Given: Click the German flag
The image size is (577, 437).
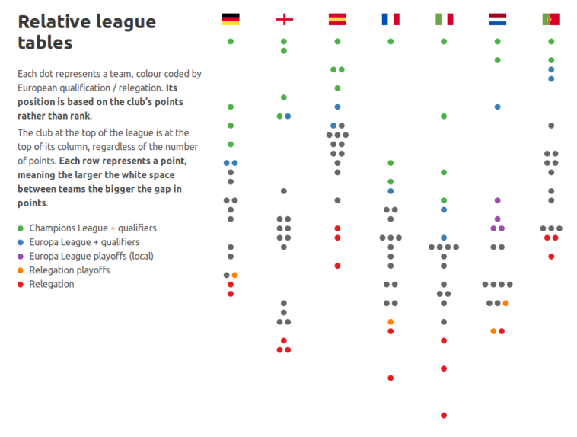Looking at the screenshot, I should click(x=231, y=19).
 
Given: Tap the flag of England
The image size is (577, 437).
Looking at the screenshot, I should click(x=284, y=19).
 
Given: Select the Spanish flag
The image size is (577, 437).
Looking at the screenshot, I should click(x=337, y=19).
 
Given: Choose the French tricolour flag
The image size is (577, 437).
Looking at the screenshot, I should click(x=391, y=19).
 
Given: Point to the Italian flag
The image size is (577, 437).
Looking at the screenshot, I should click(x=444, y=19).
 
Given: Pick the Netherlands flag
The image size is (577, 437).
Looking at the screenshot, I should click(x=497, y=19).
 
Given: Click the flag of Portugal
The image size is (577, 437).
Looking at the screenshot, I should click(x=551, y=19).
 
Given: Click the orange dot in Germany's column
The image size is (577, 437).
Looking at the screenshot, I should click(x=234, y=275).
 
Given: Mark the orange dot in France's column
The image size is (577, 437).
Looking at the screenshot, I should click(x=391, y=322).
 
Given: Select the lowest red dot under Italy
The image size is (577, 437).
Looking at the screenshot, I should click(x=444, y=415).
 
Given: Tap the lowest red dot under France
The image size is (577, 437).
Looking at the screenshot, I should click(x=391, y=378).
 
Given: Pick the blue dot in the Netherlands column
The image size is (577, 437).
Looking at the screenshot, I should click(x=497, y=107).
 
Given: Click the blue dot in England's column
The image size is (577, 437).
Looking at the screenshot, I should click(x=288, y=116).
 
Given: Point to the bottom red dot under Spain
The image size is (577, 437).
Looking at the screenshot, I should click(x=337, y=266).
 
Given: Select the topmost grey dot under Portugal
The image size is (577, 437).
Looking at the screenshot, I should click(x=551, y=126).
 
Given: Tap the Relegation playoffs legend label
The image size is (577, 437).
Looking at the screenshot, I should click(x=69, y=270).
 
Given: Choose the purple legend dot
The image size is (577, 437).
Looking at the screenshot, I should click(x=21, y=257).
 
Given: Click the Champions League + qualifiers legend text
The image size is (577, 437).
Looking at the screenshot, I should click(x=93, y=228).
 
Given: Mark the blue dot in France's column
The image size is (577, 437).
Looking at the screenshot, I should click(x=391, y=191).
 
